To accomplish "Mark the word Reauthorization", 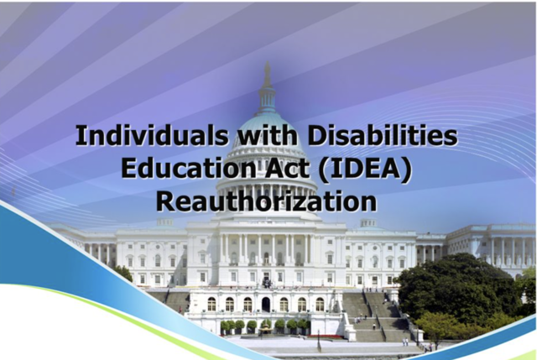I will [x=266, y=201].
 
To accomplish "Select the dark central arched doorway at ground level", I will [x=266, y=304].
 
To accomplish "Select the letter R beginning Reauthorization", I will [x=166, y=201].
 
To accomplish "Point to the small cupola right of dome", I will [x=368, y=222].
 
